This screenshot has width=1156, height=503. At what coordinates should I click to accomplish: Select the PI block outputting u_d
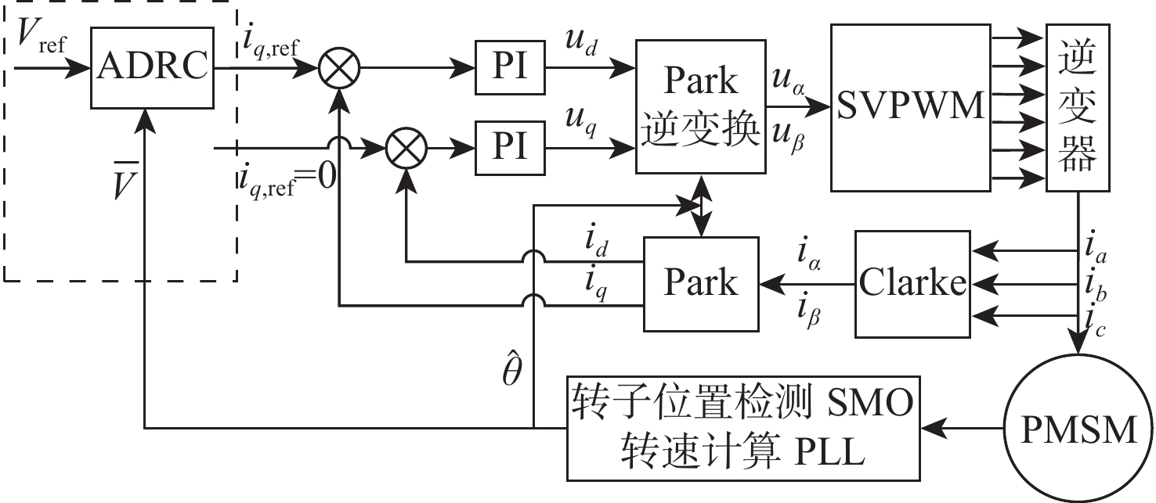[509, 67]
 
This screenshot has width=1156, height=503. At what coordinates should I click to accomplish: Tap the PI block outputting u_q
[509, 146]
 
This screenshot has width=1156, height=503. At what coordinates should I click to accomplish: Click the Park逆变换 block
[700, 107]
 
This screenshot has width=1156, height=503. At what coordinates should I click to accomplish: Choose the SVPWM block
[909, 107]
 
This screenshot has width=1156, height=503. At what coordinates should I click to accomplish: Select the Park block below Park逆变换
[701, 282]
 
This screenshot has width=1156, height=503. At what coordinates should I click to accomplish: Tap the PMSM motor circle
[1078, 429]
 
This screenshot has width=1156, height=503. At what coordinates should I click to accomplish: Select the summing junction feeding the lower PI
[405, 146]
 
